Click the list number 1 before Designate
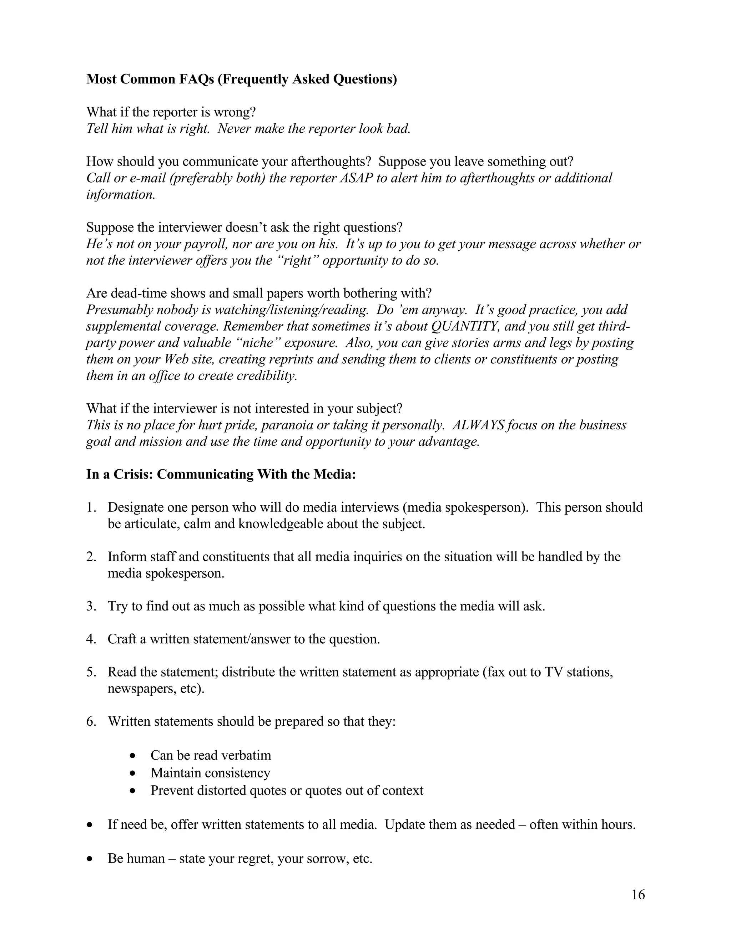(91, 507)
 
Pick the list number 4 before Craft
(91, 639)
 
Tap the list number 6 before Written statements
(91, 721)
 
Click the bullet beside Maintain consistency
(133, 773)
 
